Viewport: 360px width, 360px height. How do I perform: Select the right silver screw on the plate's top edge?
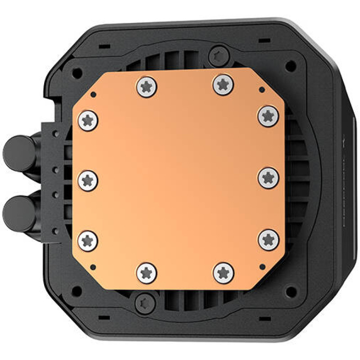[222, 84]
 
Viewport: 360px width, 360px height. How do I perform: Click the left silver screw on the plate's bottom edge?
[146, 273]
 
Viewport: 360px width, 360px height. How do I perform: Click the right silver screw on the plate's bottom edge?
[223, 272]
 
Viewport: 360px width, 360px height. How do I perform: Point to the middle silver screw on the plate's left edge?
[88, 180]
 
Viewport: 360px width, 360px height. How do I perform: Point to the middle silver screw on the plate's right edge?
[269, 178]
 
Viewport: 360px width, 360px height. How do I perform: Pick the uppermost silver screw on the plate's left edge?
[88, 121]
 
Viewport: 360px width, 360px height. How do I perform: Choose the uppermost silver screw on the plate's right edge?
[268, 116]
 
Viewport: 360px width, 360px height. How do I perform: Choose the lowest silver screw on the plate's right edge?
[269, 239]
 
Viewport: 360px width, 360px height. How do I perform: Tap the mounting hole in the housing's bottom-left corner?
[77, 291]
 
